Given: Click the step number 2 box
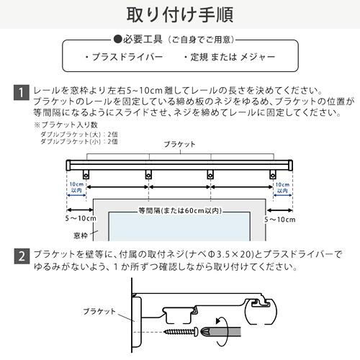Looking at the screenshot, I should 22,256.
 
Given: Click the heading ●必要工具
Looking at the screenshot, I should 139,37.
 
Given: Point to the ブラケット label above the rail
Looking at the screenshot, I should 179,144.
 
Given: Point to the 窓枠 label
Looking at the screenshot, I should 79,235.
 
